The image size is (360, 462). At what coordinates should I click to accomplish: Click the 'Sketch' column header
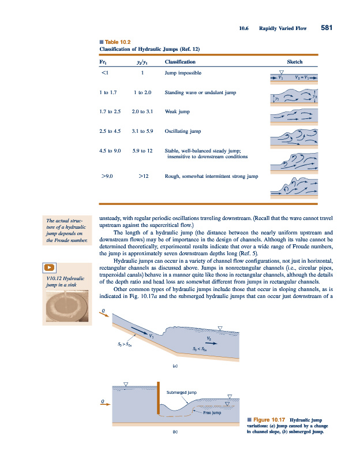[x=294, y=61]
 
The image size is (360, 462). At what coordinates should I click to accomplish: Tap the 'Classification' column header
[x=180, y=61]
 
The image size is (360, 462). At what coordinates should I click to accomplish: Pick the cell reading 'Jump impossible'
[x=183, y=73]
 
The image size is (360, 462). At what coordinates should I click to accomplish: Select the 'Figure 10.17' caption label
[x=267, y=419]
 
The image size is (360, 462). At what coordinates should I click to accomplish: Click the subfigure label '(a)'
[x=174, y=365]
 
